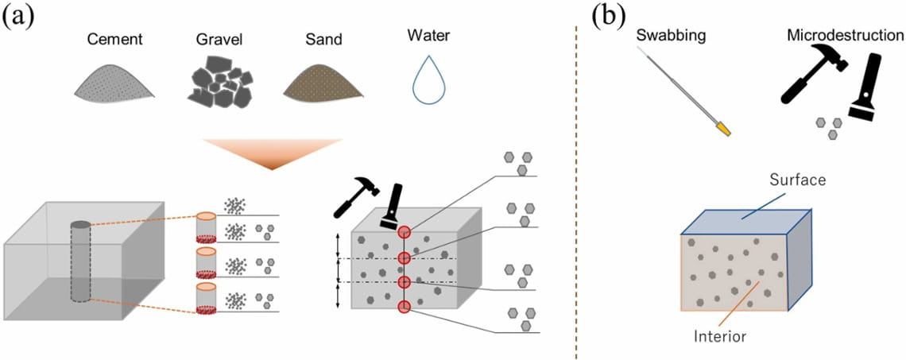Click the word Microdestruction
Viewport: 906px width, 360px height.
(845, 36)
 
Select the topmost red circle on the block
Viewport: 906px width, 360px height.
(405, 232)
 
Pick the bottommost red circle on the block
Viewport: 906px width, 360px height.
(405, 307)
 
